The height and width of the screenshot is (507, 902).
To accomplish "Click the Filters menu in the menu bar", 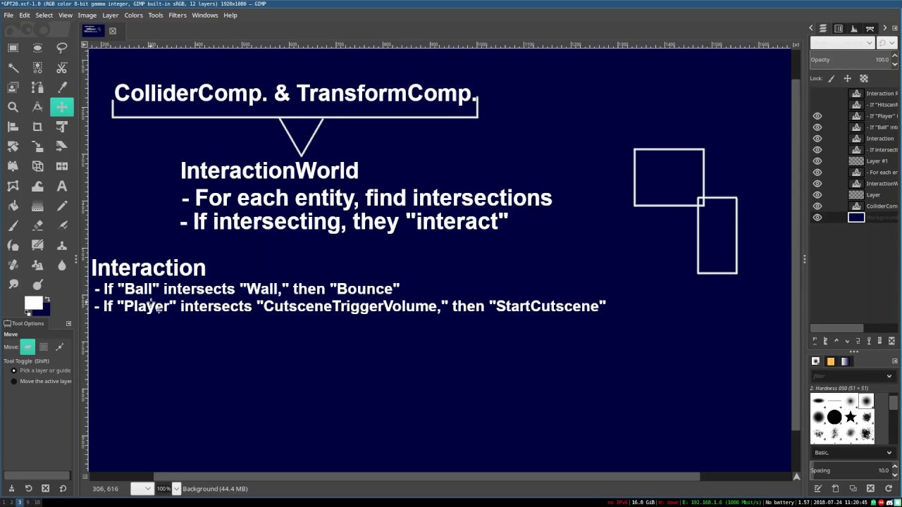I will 177,15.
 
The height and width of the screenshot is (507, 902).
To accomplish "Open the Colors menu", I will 133,15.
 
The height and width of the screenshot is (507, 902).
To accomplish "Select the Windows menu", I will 204,15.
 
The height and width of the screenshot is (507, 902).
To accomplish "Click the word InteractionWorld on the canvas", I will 269,170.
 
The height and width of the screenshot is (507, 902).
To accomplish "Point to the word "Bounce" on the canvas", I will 368,289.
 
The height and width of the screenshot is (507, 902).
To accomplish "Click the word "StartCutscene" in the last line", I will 551,306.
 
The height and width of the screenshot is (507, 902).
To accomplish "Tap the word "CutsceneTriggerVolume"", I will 350,306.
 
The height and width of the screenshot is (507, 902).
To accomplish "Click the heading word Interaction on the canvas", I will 148,268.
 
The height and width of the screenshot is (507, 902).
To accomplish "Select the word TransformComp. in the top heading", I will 386,93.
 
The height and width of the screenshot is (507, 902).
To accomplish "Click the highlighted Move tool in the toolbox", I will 62,107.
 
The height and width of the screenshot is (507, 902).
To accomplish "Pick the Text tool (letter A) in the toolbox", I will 62,187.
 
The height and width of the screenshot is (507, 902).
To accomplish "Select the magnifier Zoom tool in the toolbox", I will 13,107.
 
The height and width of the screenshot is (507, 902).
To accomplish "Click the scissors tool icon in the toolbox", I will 62,68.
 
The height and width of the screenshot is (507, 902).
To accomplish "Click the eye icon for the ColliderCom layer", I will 817,206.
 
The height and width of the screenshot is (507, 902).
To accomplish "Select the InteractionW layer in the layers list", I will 881,184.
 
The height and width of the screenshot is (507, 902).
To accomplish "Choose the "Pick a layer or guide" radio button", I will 13,370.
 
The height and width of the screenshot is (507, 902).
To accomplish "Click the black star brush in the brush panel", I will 851,418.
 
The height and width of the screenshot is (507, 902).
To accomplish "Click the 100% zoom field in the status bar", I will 163,489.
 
